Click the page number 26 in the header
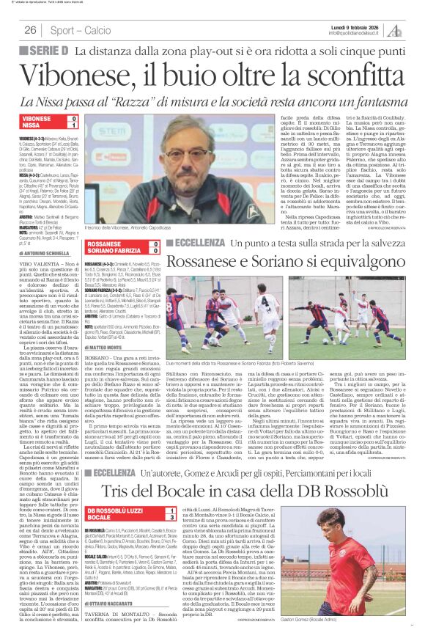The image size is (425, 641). [x=31, y=30]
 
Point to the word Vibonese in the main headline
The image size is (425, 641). [x=95, y=76]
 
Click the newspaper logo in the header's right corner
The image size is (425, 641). [x=396, y=29]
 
